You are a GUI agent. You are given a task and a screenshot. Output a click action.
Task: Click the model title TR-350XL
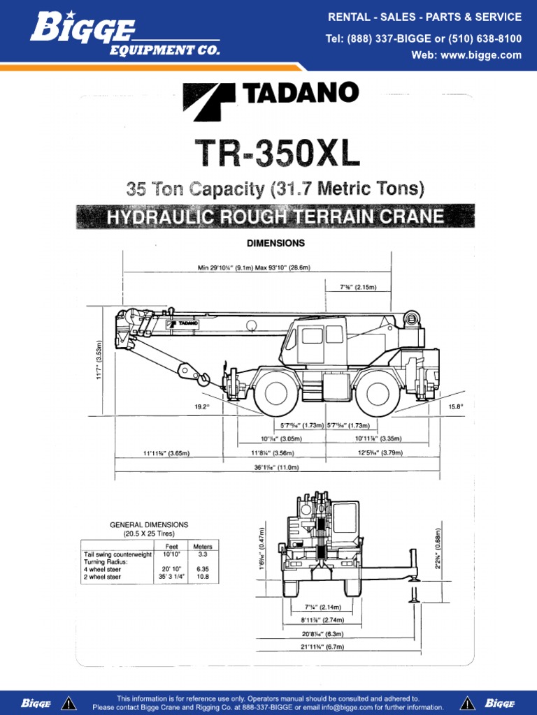(x=277, y=153)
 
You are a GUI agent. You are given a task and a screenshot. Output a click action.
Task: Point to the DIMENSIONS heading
(x=275, y=244)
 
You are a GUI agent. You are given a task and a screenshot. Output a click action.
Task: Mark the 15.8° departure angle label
(x=456, y=405)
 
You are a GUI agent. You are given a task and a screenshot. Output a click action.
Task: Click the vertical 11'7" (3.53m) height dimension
(x=99, y=360)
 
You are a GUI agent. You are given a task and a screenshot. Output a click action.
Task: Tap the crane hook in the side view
(x=204, y=378)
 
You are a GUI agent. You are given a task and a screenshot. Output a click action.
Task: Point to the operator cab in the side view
(x=312, y=340)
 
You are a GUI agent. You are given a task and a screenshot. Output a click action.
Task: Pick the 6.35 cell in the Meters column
(x=203, y=569)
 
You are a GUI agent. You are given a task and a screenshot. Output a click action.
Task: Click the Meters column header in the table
(x=203, y=546)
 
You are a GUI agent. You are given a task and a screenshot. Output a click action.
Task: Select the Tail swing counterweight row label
(x=117, y=554)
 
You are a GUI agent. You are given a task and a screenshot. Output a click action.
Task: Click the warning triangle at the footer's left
(x=69, y=702)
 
